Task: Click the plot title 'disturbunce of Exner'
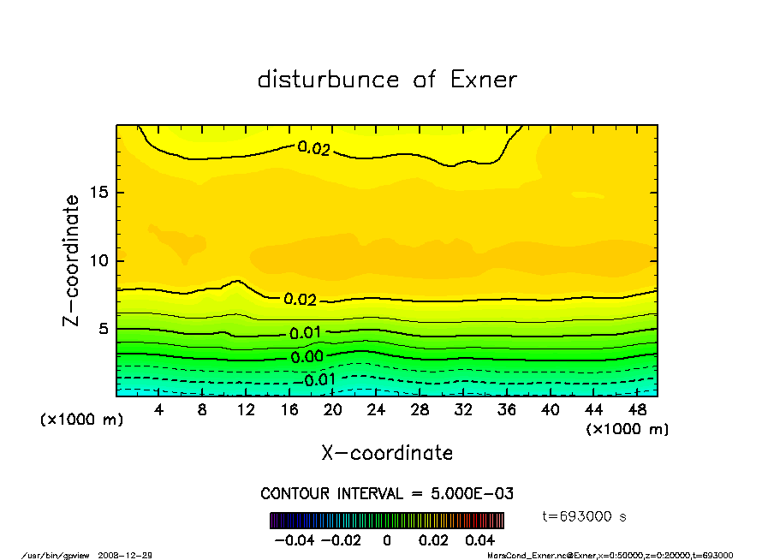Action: (387, 80)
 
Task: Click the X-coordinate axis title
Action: (387, 452)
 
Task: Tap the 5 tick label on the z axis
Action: (102, 329)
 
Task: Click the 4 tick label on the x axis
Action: (159, 409)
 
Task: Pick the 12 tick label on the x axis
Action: (246, 409)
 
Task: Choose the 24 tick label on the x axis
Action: (376, 409)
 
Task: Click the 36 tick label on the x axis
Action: (506, 409)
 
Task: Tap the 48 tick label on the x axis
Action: (636, 409)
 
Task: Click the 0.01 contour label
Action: (306, 333)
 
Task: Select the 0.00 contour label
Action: (307, 357)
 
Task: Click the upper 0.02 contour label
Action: (313, 148)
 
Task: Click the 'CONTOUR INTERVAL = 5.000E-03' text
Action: (387, 493)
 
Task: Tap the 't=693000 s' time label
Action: (585, 516)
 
